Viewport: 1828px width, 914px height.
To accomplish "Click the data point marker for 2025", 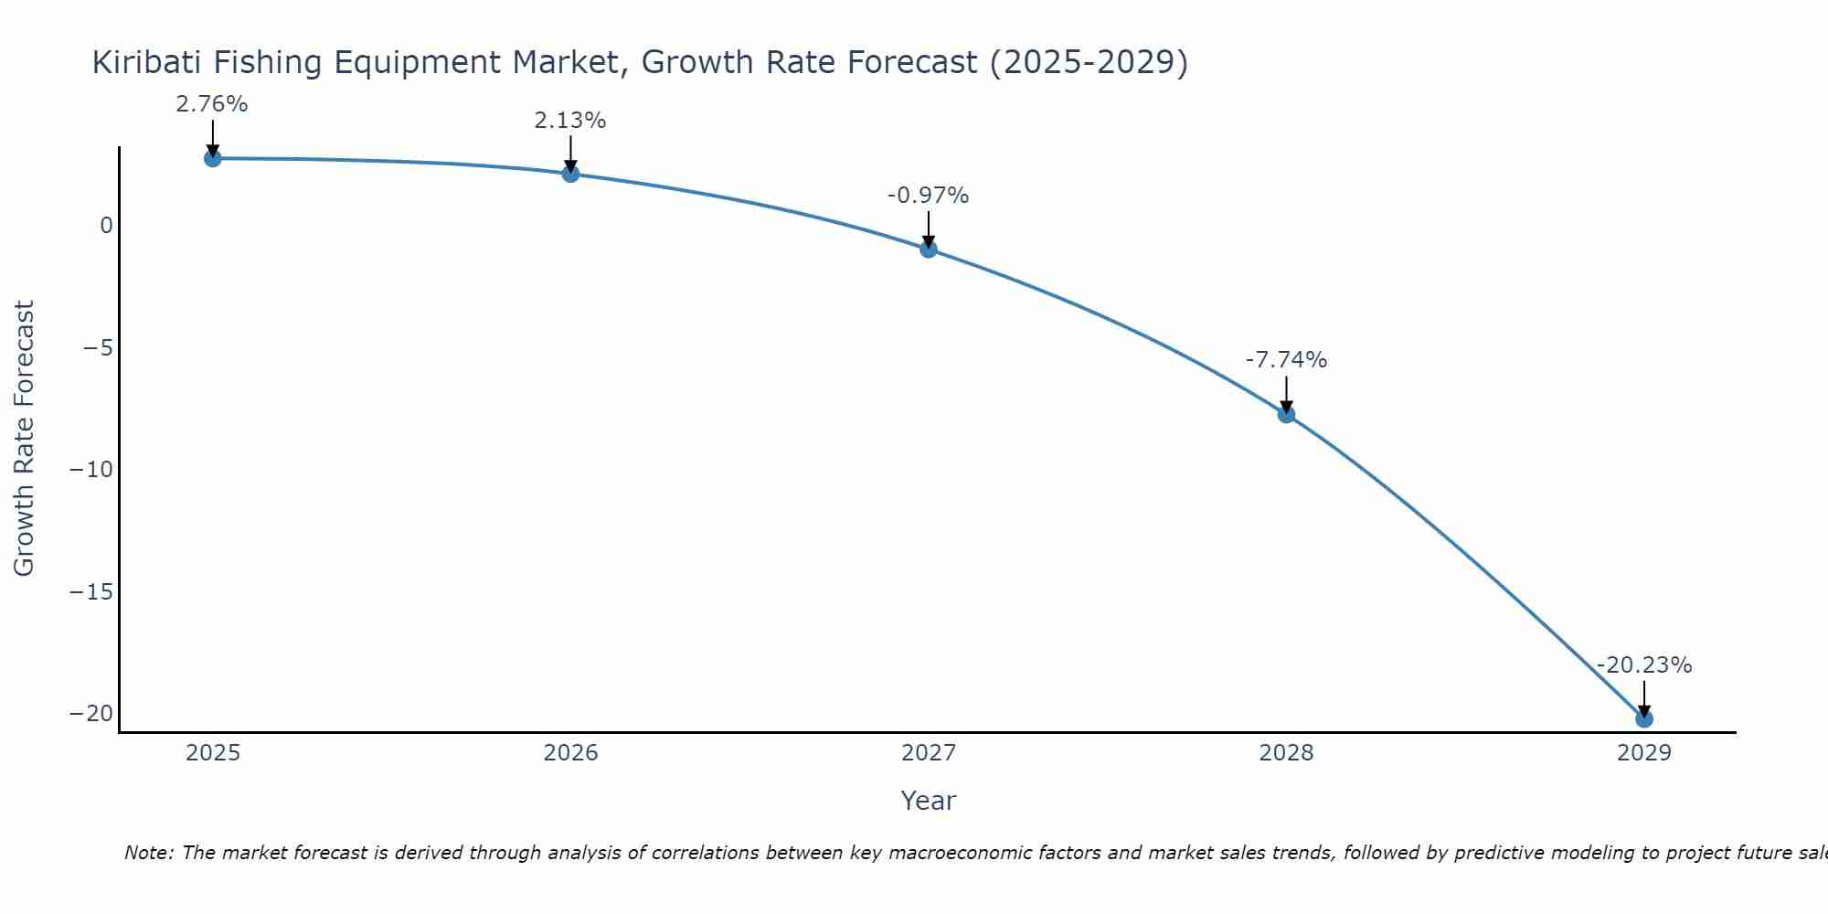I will pos(212,158).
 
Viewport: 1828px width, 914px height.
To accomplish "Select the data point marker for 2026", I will pos(570,174).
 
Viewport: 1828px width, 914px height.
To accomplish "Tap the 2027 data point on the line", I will pos(929,249).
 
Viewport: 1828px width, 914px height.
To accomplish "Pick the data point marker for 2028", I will pos(1286,414).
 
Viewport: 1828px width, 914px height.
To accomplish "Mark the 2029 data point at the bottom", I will pos(1644,719).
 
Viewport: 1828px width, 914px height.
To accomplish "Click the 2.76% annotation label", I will pos(212,104).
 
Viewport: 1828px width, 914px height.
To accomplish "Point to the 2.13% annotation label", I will pos(570,121).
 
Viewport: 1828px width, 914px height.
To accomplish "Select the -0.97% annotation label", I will pos(928,196).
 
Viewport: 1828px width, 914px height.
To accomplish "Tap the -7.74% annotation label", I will pos(1286,360).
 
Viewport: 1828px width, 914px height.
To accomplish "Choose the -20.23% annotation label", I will pos(1644,665).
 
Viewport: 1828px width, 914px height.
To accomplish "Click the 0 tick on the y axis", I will pos(107,226).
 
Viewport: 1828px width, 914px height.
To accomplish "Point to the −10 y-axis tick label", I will pos(91,470).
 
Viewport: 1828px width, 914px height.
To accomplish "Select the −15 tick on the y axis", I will pos(91,592).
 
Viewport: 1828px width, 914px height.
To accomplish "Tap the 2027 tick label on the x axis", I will pos(929,753).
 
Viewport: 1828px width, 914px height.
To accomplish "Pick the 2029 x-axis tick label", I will pos(1644,753).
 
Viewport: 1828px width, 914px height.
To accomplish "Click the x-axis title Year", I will pos(928,801).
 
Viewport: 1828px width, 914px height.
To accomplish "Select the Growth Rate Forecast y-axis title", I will pos(25,439).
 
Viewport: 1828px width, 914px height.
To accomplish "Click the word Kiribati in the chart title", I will pos(146,62).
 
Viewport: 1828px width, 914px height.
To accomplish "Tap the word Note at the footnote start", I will pos(146,853).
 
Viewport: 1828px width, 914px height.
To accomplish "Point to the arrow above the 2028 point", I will pos(1286,393).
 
